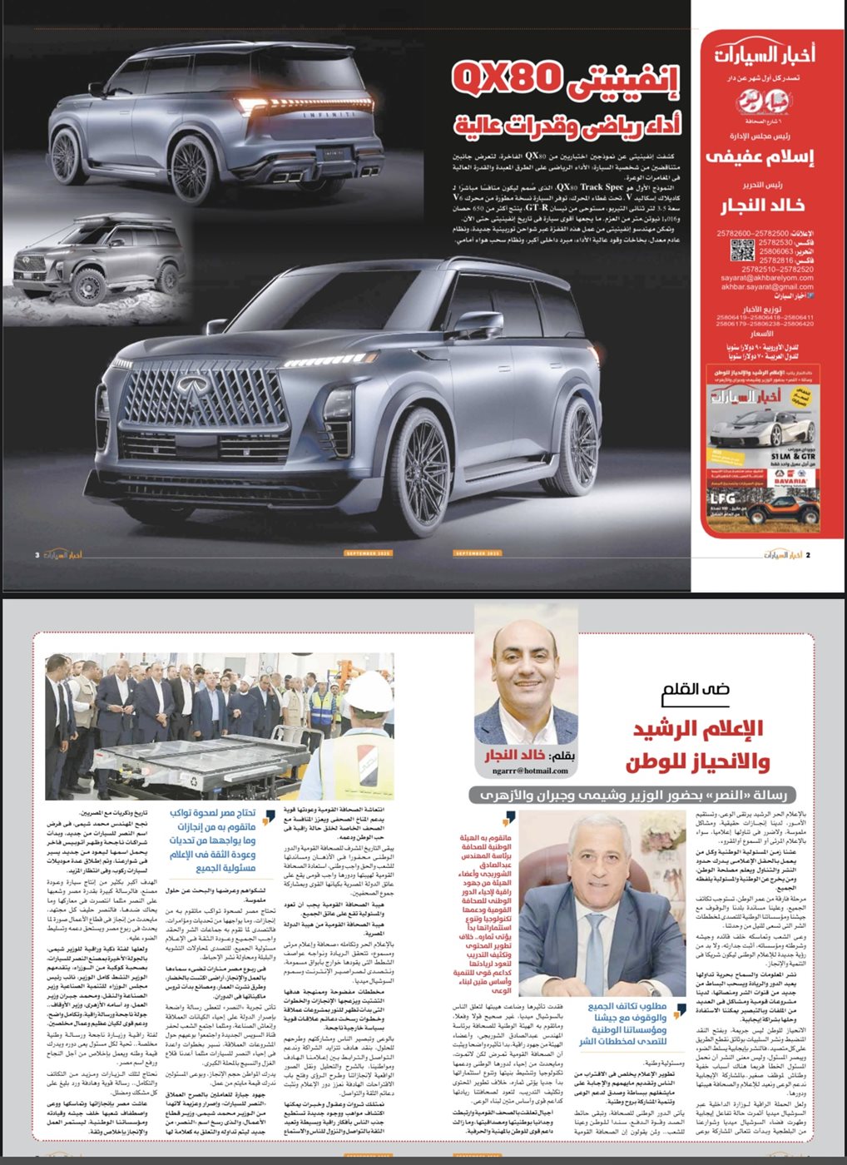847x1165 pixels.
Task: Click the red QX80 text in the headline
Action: coord(504,77)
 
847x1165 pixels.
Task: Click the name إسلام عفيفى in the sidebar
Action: coord(759,156)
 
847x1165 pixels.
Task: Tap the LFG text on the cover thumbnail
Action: coord(722,498)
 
